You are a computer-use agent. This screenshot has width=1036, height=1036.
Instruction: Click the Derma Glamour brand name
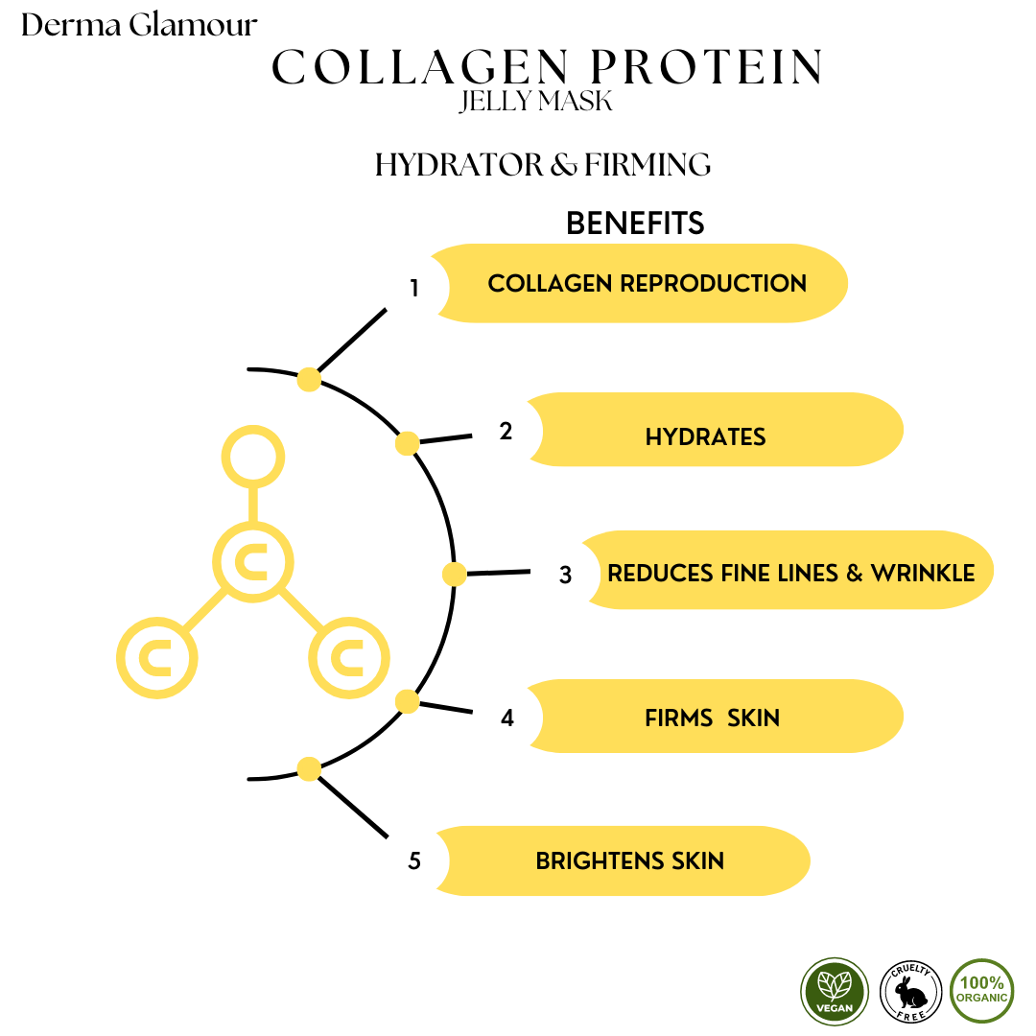(x=139, y=25)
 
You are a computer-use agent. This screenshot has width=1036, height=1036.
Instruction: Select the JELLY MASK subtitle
(x=535, y=102)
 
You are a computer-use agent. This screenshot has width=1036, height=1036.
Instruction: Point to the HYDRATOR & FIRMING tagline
(x=543, y=165)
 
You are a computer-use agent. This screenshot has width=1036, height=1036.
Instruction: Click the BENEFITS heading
(x=635, y=224)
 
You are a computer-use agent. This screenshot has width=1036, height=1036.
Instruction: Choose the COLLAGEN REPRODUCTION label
(x=647, y=283)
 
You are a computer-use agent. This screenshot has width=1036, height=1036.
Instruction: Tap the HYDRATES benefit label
(x=705, y=436)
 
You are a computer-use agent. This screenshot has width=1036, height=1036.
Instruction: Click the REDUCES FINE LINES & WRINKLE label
(x=791, y=573)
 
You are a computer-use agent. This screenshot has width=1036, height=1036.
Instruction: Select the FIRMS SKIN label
(x=712, y=717)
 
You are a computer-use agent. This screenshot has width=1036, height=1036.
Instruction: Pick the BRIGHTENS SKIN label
(x=629, y=860)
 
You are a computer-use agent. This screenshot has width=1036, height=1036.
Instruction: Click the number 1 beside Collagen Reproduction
(x=414, y=288)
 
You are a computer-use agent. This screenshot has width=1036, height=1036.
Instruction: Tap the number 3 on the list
(x=565, y=576)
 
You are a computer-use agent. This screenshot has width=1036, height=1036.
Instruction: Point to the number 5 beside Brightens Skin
(x=414, y=861)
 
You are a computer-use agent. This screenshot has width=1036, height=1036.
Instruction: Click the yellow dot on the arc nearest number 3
(x=454, y=575)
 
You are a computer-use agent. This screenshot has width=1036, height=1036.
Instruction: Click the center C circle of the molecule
(x=253, y=562)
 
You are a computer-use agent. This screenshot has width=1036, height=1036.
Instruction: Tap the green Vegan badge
(x=835, y=991)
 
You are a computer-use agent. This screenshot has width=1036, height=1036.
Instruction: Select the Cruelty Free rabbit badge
(x=908, y=991)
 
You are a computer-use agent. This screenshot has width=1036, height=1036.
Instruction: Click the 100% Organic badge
(x=981, y=991)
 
